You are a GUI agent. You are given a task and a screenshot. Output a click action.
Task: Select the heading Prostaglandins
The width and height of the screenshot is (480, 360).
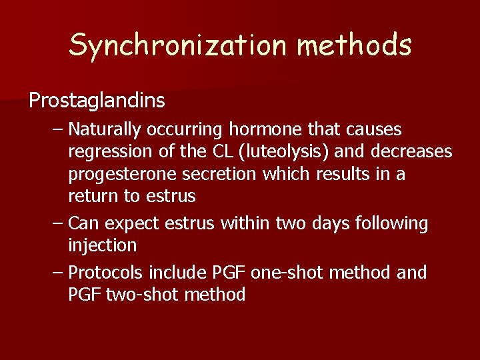[x=97, y=101]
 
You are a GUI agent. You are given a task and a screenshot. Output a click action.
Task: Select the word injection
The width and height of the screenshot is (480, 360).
[x=102, y=245]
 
